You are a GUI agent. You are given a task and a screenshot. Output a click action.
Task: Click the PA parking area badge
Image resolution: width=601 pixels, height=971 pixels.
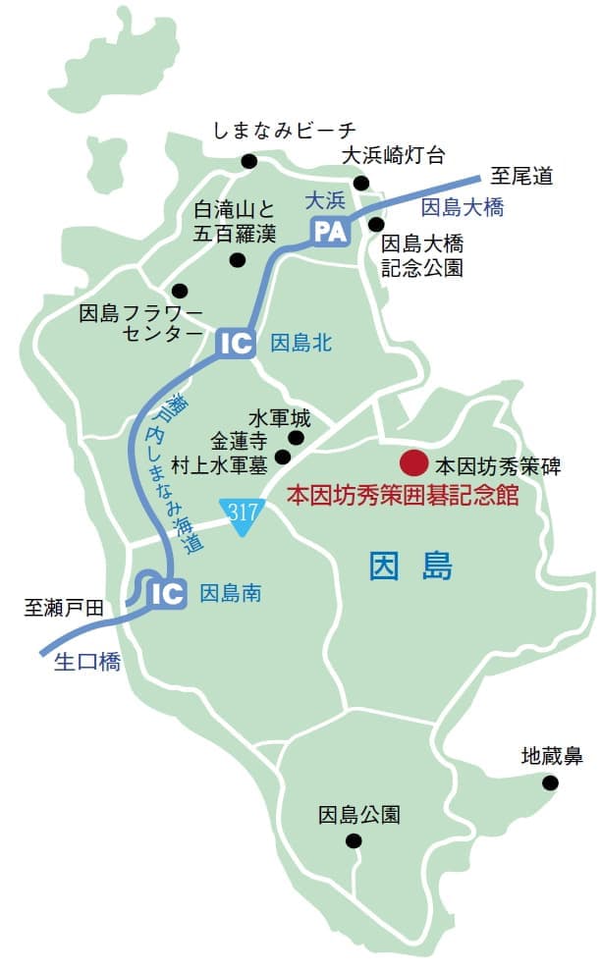tap(330, 232)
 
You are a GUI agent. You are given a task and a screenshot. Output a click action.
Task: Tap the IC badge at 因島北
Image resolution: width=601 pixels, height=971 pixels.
tap(236, 343)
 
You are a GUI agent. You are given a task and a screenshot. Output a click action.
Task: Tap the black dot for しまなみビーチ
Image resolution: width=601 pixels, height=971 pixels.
tap(249, 161)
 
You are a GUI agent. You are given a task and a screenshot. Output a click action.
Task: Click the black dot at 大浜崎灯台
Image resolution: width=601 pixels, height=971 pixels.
tap(361, 183)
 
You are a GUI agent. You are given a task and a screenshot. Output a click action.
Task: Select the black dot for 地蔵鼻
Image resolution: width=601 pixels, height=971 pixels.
tap(550, 782)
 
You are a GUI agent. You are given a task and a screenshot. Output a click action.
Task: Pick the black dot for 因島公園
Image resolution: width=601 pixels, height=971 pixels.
tap(354, 840)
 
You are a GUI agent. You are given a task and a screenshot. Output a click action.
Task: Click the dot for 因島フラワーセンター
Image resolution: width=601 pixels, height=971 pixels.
tap(180, 291)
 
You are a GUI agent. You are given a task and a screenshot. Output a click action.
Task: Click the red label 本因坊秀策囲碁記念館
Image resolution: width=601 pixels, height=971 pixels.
tap(402, 495)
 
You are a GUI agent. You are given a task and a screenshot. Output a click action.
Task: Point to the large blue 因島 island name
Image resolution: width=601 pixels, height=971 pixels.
tap(410, 567)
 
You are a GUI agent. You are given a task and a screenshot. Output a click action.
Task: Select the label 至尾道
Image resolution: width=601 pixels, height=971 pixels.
tap(521, 177)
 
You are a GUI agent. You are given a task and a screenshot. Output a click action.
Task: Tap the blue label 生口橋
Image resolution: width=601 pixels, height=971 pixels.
tap(85, 663)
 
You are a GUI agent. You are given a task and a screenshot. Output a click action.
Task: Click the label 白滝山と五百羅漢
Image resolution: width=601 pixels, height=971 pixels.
tap(235, 221)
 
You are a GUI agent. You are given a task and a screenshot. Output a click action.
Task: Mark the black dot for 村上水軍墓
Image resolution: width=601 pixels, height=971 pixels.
tap(283, 457)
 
